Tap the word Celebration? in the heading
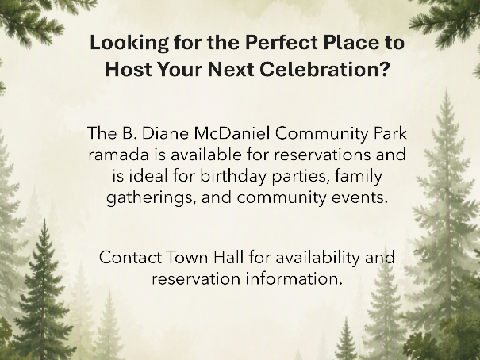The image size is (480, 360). [325, 69]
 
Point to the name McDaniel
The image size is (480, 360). [232, 133]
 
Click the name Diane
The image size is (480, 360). [165, 133]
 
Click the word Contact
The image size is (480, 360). [130, 257]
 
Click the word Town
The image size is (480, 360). [187, 257]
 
